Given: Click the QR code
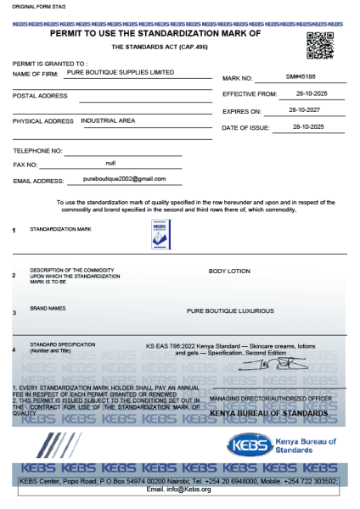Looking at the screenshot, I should pyautogui.click(x=319, y=44).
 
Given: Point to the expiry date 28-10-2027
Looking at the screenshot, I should pyautogui.click(x=303, y=110).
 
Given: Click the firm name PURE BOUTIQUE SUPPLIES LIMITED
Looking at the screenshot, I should pyautogui.click(x=126, y=73).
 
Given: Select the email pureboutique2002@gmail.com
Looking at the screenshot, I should pyautogui.click(x=124, y=179).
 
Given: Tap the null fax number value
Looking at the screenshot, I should pyautogui.click(x=110, y=161).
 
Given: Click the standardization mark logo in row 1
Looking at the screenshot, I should pyautogui.click(x=160, y=235).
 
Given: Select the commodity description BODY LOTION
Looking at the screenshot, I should pyautogui.click(x=229, y=271).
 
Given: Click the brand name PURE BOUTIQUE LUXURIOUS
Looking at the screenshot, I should pyautogui.click(x=230, y=311).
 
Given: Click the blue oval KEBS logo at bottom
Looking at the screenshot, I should pyautogui.click(x=253, y=445).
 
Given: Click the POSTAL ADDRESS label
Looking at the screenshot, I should pyautogui.click(x=40, y=96).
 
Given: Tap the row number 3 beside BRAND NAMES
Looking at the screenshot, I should pyautogui.click(x=14, y=313).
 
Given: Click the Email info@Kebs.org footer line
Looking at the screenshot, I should pyautogui.click(x=179, y=489).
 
